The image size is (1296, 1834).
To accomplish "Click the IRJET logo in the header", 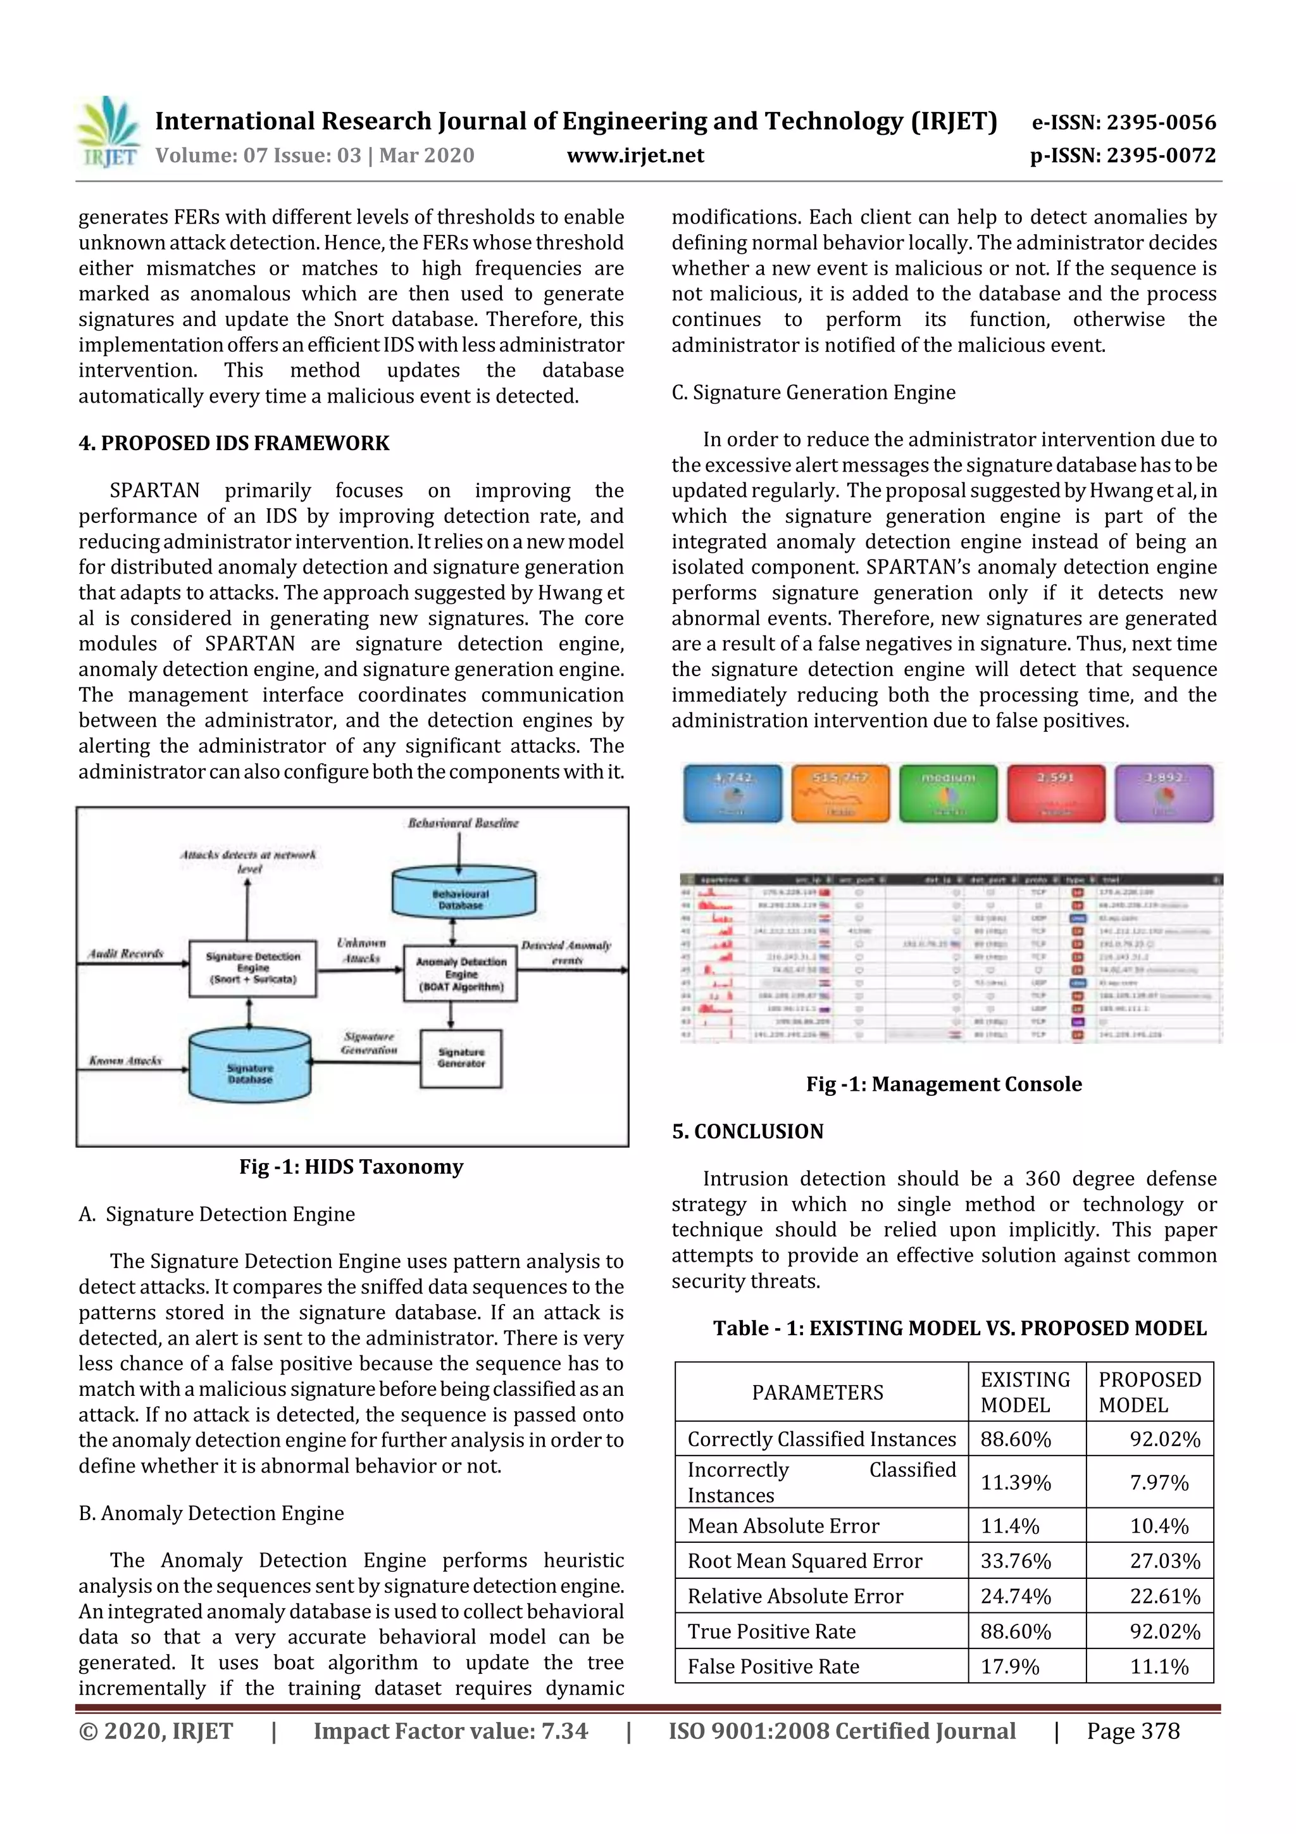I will (x=109, y=132).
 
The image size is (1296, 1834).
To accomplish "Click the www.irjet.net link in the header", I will (x=635, y=156).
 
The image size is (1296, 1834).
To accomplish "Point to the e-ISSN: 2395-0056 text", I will (x=1123, y=122).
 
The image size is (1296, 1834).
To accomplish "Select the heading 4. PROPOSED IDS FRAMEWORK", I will (x=234, y=443).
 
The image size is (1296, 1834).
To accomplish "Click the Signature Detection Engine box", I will (x=252, y=967).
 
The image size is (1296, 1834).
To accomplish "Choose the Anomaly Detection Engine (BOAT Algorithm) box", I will (x=461, y=974).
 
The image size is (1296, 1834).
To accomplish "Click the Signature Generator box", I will (x=461, y=1058).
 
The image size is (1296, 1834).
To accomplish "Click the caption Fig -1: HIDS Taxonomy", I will (x=351, y=1167).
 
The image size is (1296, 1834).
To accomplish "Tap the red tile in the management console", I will (x=1056, y=793).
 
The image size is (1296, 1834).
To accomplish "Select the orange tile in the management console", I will (x=839, y=793).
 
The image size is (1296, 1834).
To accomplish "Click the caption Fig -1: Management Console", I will (x=944, y=1084).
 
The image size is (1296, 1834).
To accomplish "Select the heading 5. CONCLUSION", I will (x=747, y=1131).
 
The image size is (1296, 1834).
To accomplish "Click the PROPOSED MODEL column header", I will (x=1149, y=1391).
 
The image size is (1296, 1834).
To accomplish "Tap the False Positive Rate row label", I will (x=773, y=1666).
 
